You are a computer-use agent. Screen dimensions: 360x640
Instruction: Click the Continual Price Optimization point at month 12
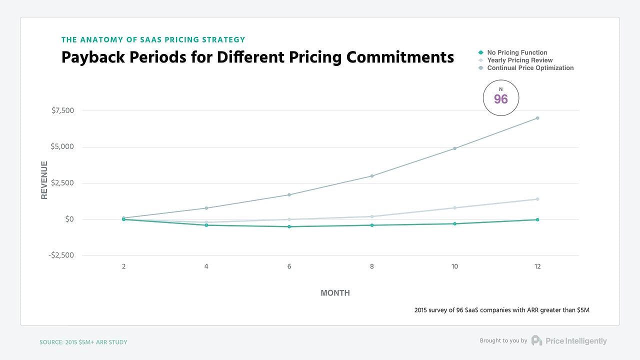[x=537, y=118]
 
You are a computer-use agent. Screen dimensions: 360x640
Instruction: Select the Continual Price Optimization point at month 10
[x=454, y=148]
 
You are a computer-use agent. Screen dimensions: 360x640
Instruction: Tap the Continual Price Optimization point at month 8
[x=372, y=176]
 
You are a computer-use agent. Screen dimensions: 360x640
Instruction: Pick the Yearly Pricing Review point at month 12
[x=537, y=199]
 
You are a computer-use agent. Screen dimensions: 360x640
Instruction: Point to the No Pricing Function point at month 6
[x=289, y=226]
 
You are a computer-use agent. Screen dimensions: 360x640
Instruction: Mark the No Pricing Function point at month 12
[x=537, y=219]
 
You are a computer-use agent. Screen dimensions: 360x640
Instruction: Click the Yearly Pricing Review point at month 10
[x=454, y=207]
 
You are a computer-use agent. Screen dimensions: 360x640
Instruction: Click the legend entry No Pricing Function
[x=517, y=52]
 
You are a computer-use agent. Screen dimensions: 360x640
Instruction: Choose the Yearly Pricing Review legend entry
[x=519, y=60]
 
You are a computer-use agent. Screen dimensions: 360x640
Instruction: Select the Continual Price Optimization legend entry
[x=530, y=68]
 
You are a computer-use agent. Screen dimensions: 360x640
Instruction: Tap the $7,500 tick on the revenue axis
[x=62, y=110]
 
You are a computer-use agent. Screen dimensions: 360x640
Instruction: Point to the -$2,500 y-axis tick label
[x=61, y=255]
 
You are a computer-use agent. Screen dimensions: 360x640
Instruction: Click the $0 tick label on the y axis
[x=69, y=219]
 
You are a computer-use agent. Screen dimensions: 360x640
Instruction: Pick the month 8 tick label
[x=372, y=266]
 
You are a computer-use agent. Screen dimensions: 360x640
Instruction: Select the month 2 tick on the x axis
[x=123, y=266]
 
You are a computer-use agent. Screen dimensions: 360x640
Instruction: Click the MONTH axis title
[x=335, y=293]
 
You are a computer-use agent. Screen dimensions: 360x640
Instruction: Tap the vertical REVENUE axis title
[x=44, y=180]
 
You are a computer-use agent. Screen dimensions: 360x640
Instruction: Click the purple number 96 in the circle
[x=501, y=99]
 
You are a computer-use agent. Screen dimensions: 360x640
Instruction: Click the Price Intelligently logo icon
[x=536, y=340]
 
